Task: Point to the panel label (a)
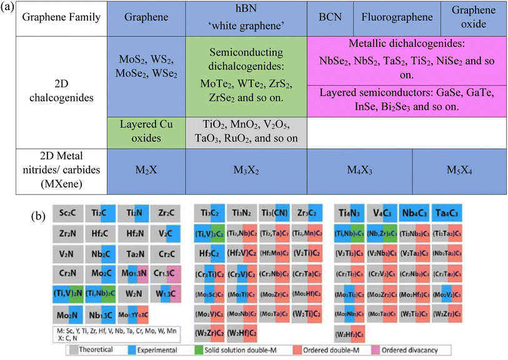coord(9,9)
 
